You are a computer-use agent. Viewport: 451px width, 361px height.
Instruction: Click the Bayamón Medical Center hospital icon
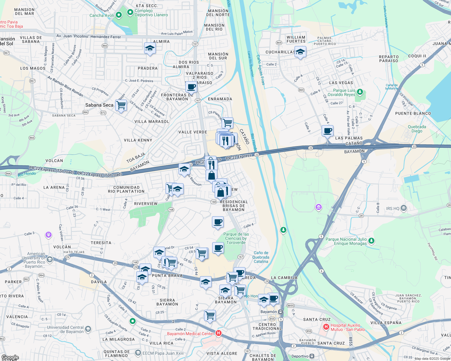point(219,333)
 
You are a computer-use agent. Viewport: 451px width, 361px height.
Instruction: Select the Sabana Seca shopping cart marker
point(121,105)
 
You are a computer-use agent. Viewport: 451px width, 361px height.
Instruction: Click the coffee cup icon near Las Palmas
point(327,131)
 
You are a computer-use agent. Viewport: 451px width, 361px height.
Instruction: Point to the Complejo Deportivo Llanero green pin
point(130,12)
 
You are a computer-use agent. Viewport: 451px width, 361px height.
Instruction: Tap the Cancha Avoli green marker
point(119,15)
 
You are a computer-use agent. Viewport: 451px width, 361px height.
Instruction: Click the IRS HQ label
point(393,208)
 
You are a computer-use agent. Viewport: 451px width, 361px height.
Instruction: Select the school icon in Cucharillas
point(300,52)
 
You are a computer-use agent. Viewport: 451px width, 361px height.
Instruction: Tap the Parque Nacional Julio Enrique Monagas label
point(346,241)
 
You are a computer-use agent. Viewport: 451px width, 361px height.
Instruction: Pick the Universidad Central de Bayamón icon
point(88,329)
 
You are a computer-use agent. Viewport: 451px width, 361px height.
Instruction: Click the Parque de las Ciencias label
point(236,238)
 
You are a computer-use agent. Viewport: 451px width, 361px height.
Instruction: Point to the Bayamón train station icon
point(281,312)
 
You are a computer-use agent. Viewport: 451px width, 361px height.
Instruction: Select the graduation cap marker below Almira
point(150,48)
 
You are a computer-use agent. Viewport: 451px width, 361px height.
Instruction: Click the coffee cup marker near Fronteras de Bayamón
point(191,87)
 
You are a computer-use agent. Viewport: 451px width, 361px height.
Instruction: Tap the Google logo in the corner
point(10,357)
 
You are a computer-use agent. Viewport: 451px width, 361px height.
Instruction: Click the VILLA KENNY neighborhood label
point(138,140)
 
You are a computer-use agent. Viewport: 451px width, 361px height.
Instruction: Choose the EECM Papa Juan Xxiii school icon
point(138,353)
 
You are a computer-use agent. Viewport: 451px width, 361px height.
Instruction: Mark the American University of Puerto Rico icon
point(50,259)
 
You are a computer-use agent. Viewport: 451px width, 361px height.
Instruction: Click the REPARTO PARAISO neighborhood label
point(388,59)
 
